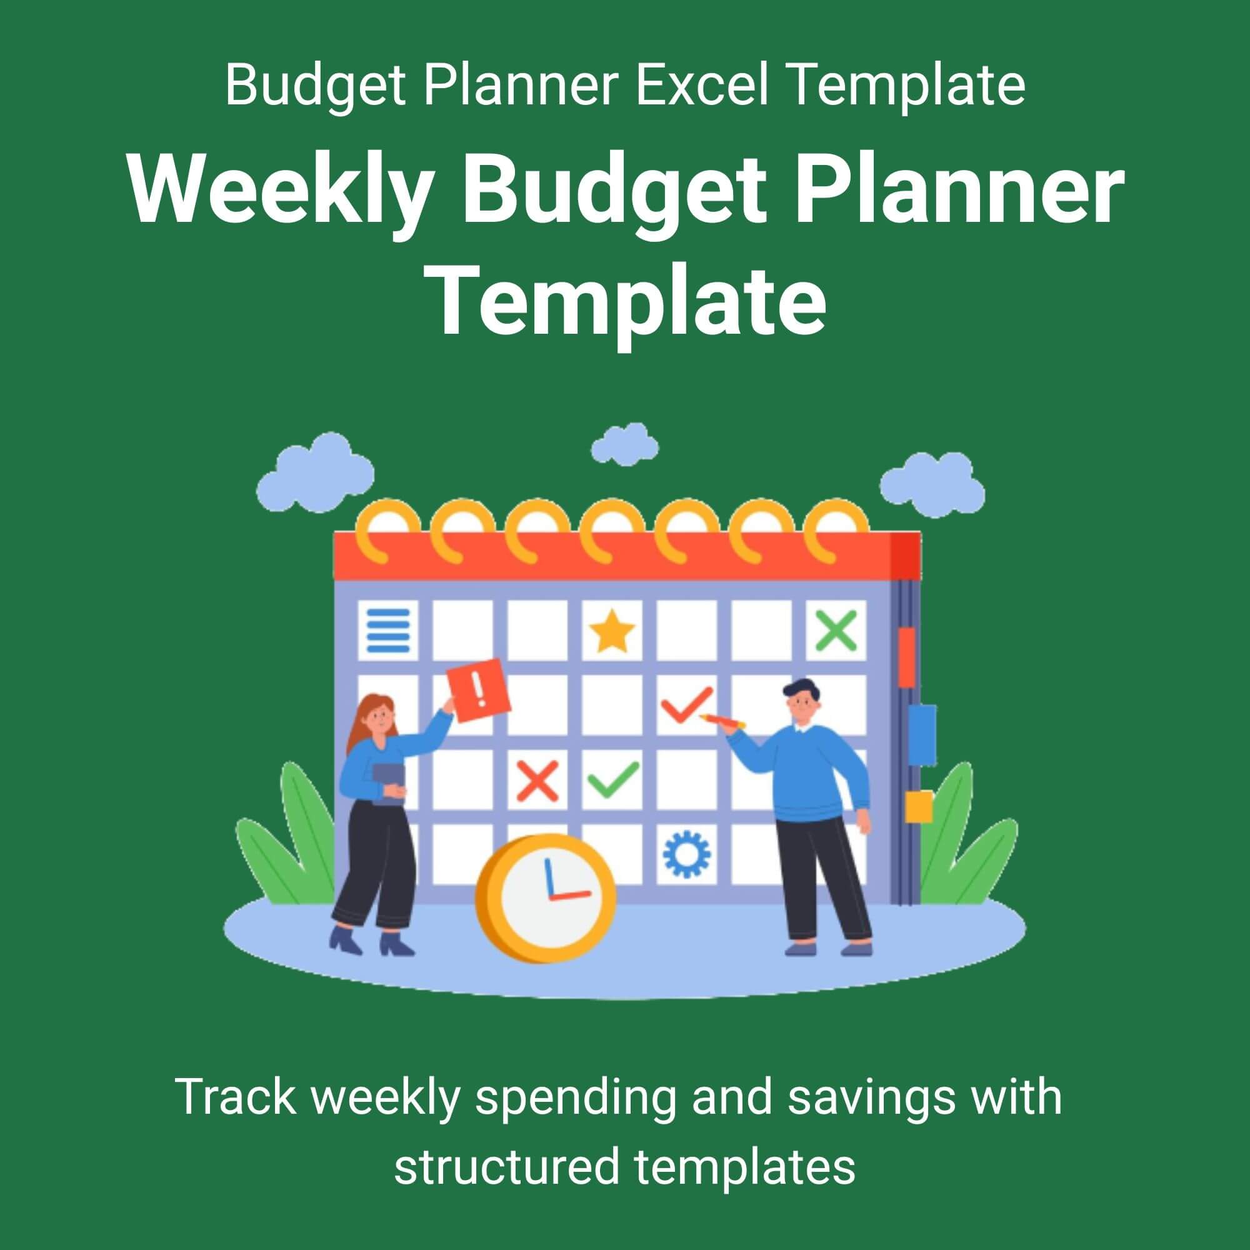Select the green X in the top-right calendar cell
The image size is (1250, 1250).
tap(835, 631)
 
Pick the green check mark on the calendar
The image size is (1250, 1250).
tap(613, 779)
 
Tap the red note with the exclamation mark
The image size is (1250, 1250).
tap(479, 689)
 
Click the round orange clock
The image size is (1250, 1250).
tap(545, 899)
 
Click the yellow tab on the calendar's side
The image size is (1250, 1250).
tap(918, 807)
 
